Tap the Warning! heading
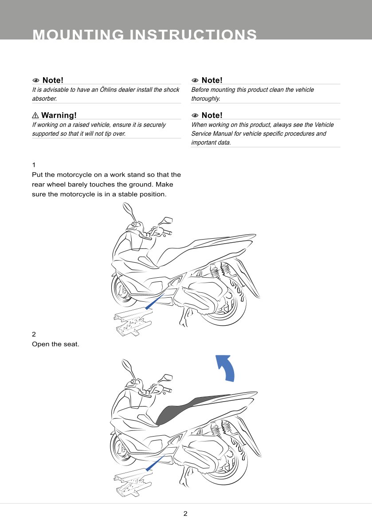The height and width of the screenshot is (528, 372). point(59,116)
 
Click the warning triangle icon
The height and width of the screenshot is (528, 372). point(35,116)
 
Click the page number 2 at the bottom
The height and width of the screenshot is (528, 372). point(185,514)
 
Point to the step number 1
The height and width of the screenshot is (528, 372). point(34,165)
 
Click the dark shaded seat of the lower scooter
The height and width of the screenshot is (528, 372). point(177,410)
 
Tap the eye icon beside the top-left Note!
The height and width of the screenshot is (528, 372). point(36,81)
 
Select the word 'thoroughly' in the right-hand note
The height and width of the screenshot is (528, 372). point(205,99)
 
